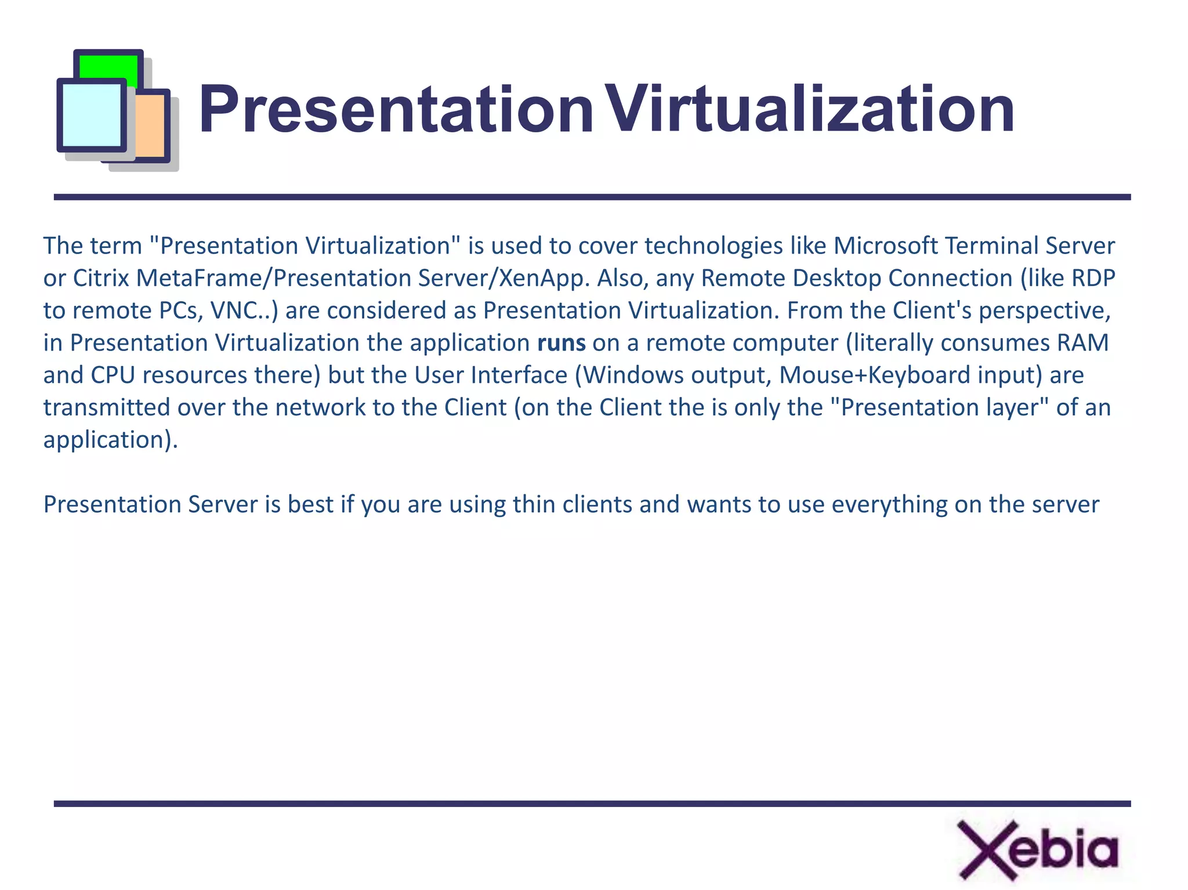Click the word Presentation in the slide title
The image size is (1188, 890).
pos(396,110)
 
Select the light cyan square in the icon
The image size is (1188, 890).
pos(91,115)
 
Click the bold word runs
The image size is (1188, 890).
pos(561,343)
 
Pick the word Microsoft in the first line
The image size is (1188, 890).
pos(886,246)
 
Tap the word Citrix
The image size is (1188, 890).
pos(101,278)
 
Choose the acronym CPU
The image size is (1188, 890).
pos(113,375)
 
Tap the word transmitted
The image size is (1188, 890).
pos(107,408)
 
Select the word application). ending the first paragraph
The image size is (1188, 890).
pos(110,440)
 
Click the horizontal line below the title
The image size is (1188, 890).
pos(592,197)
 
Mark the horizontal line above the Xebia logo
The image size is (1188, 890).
pos(592,804)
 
